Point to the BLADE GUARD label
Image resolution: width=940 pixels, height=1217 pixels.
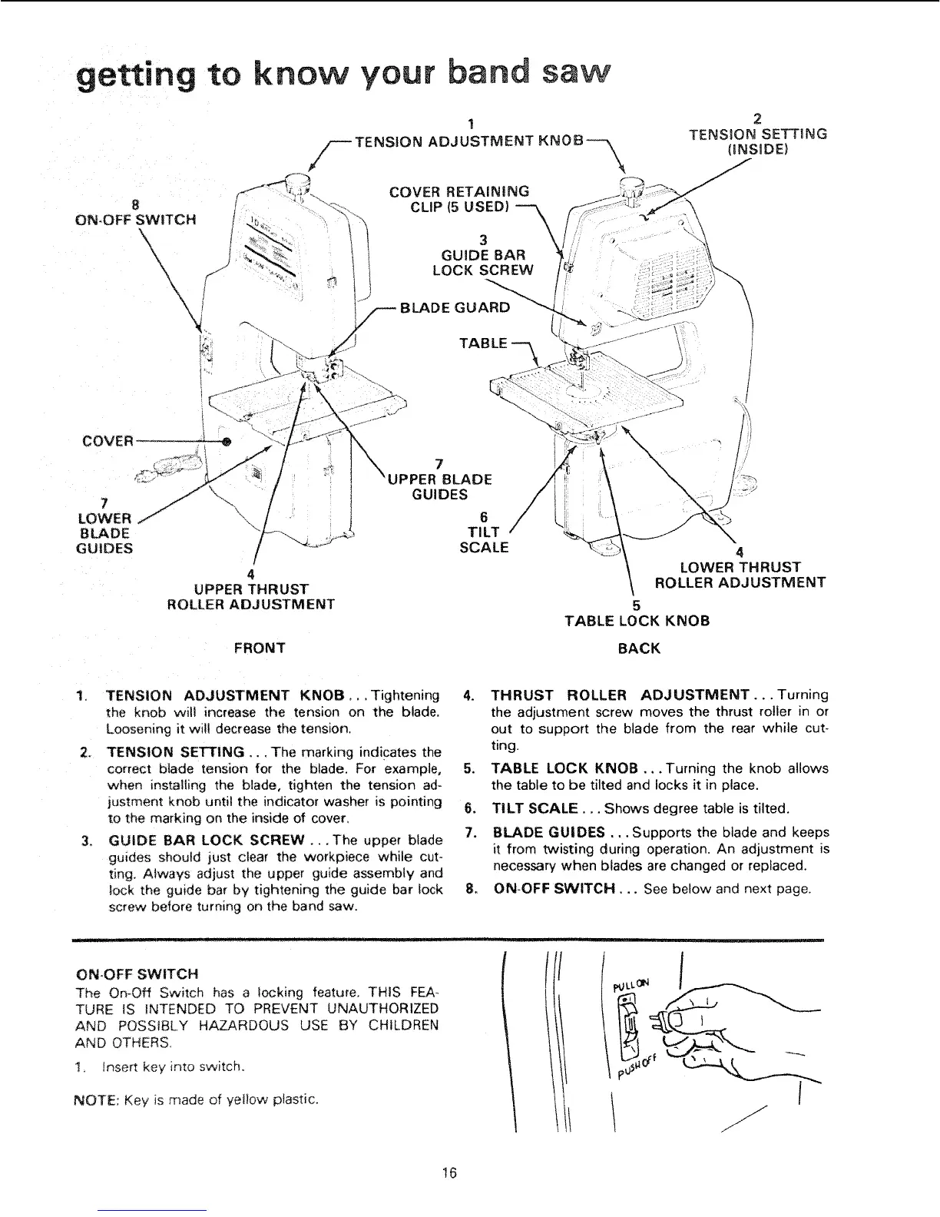tap(454, 308)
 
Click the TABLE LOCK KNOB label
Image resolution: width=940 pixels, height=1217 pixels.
tap(637, 620)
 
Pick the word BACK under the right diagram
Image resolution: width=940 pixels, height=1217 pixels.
tap(638, 648)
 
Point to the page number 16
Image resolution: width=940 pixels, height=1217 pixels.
tap(449, 1172)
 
